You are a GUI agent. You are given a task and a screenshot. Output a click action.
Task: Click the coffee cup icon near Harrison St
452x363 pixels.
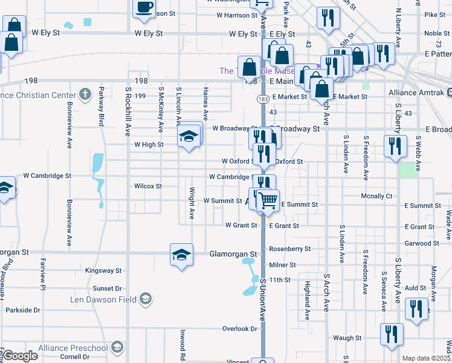click(144, 8)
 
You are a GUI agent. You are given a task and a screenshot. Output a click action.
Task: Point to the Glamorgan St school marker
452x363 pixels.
click(181, 255)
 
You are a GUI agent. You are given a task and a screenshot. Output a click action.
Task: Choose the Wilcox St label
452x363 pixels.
click(147, 186)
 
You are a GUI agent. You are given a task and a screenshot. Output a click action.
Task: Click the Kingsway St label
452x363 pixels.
click(103, 270)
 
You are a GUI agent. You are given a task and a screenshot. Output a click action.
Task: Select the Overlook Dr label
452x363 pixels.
click(240, 329)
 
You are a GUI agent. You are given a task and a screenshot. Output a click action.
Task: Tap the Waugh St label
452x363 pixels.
click(347, 338)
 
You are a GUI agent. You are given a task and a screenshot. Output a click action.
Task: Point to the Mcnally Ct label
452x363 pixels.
click(376, 196)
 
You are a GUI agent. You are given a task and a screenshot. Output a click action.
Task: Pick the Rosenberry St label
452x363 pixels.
click(289, 249)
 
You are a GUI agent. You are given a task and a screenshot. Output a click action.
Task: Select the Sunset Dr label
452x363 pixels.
click(108, 289)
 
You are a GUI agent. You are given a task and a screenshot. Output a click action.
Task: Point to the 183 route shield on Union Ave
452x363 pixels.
click(263, 97)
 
